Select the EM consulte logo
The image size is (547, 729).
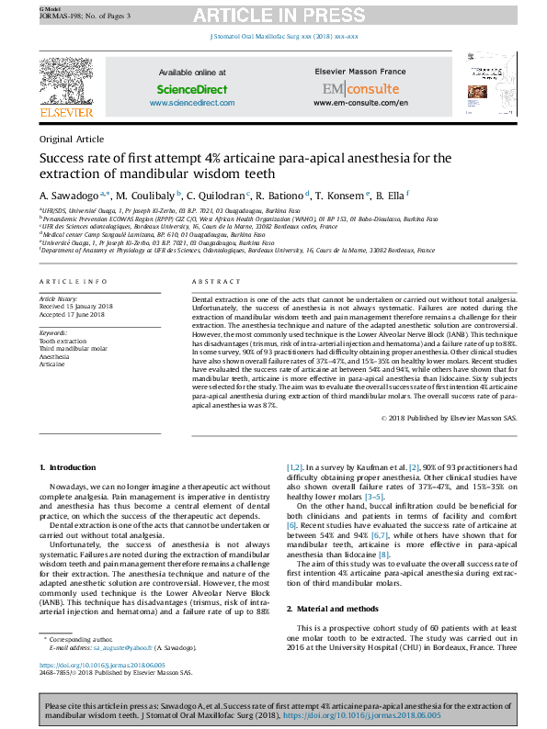[360, 89]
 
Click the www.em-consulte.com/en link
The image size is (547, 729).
[360, 103]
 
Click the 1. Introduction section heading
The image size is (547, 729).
[74, 468]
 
